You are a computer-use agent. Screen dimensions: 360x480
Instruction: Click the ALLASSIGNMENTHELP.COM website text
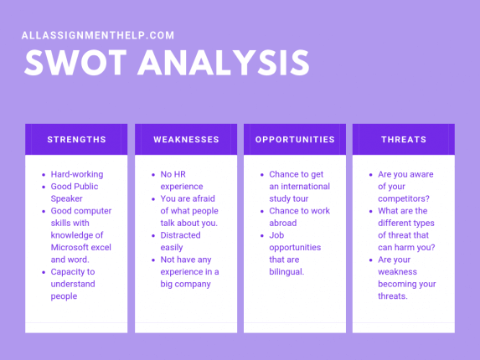[x=97, y=35]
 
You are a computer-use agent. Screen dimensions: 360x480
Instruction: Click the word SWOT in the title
[x=76, y=64]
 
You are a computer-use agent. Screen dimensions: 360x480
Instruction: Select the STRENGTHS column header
[x=76, y=140]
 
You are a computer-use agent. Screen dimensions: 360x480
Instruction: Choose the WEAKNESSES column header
[x=185, y=140]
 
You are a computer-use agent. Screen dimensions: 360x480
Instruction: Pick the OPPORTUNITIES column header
[x=294, y=140]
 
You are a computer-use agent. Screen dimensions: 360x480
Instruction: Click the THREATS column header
[x=403, y=140]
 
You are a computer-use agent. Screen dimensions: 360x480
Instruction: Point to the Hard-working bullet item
[x=76, y=174]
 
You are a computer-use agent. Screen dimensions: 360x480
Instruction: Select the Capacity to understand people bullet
[x=73, y=284]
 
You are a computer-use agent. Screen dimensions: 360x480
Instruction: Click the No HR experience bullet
[x=182, y=180]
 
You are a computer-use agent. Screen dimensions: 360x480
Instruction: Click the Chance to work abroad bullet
[x=299, y=217]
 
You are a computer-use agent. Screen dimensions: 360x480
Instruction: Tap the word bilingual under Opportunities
[x=286, y=271]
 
